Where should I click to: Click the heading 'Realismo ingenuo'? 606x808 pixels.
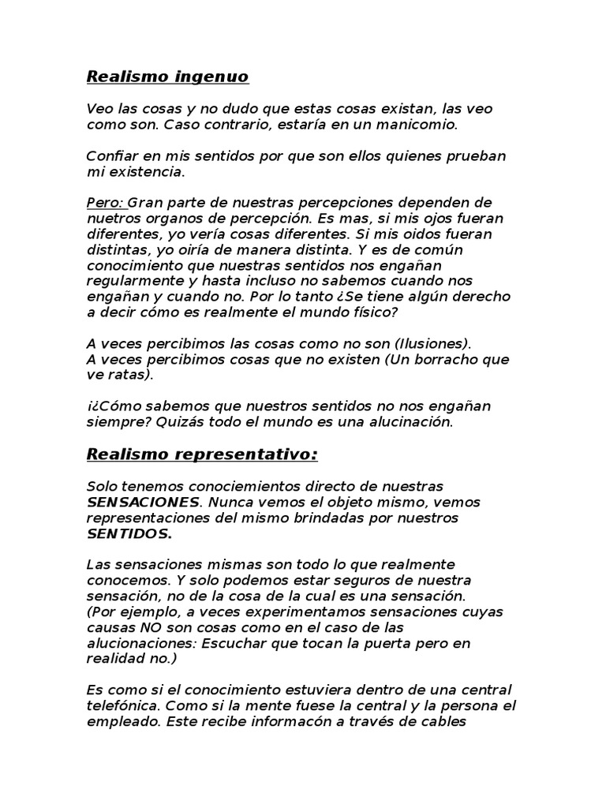click(x=166, y=77)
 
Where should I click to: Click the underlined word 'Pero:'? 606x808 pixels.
click(x=106, y=202)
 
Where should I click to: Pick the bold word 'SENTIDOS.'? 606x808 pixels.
click(x=129, y=533)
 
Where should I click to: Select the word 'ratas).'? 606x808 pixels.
click(x=131, y=375)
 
